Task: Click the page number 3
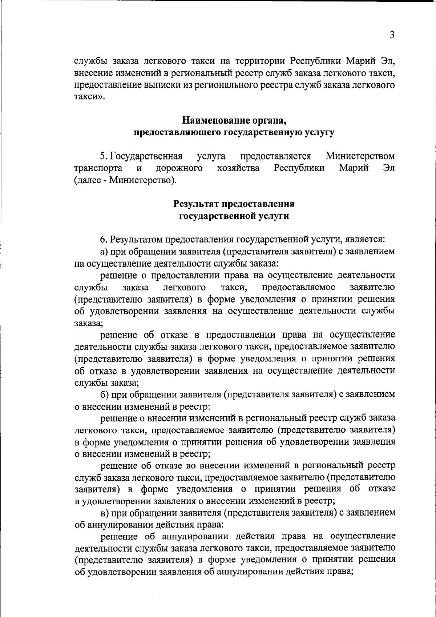(391, 35)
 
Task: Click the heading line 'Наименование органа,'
(234, 120)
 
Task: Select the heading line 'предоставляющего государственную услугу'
(234, 132)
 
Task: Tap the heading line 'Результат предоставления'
(234, 204)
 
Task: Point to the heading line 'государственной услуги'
(234, 216)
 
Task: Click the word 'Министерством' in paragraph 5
(360, 156)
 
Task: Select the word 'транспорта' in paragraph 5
(98, 168)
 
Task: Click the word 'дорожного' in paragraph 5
(179, 168)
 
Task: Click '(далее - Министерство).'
(125, 180)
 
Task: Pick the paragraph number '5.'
(104, 156)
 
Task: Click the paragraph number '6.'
(104, 240)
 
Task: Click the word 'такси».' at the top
(89, 97)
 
